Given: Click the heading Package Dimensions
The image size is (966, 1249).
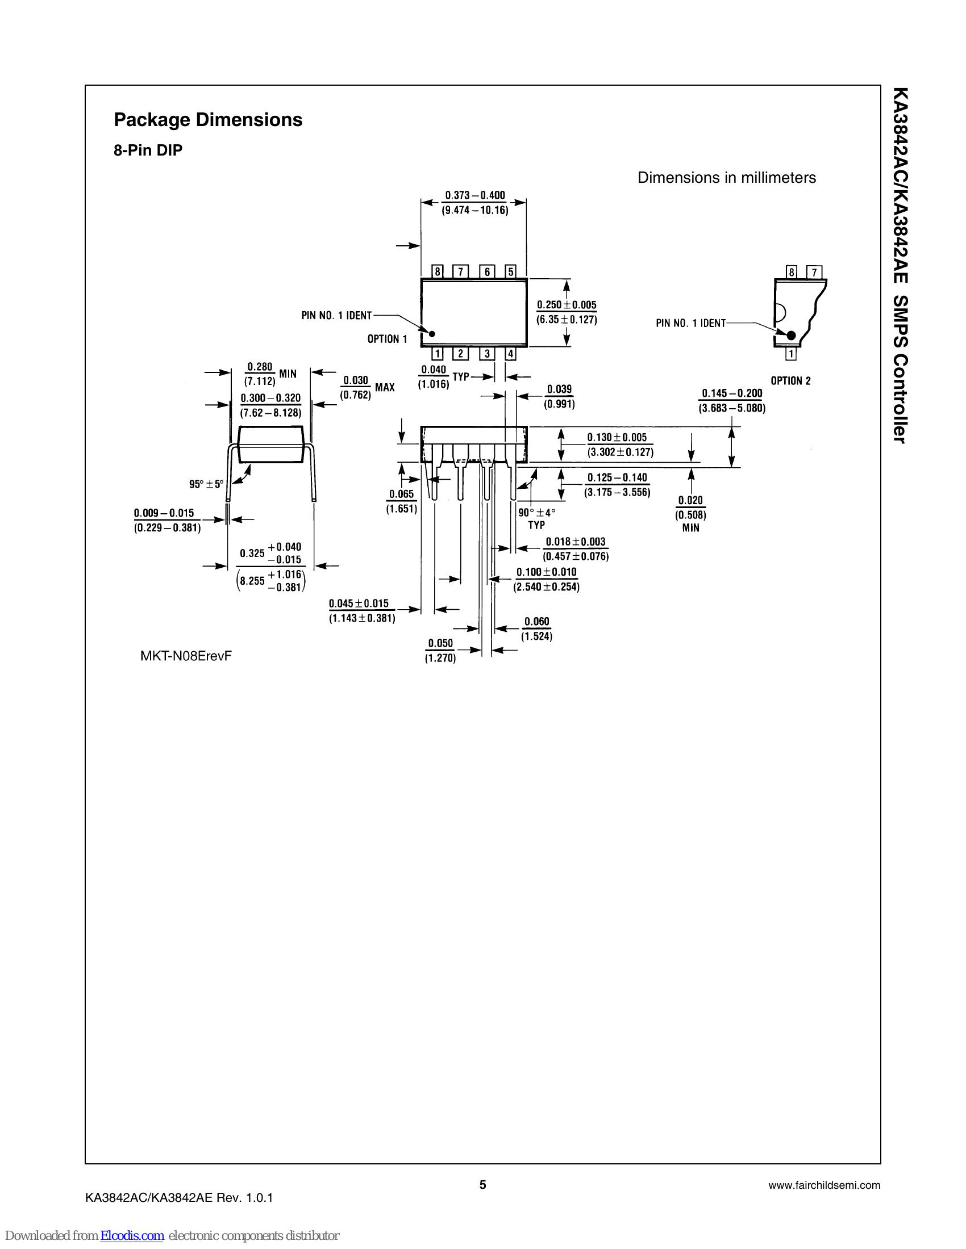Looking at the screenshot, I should (208, 120).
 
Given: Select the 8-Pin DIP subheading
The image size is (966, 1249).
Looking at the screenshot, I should (148, 151).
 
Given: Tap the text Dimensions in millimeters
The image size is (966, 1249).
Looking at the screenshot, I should (726, 178).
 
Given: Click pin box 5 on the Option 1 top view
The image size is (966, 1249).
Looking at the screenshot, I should (510, 271).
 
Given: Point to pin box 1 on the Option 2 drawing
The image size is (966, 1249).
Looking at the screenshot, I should (791, 355).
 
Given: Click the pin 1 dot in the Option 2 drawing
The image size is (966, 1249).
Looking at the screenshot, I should (792, 336).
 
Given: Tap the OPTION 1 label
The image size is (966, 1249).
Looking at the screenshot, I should (387, 339).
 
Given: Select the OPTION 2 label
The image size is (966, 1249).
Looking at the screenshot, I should (790, 381).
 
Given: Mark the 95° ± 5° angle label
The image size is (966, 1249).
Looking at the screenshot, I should (206, 484).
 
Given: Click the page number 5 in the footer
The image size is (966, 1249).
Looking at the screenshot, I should (482, 1184).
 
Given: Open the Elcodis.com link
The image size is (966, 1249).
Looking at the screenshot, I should (132, 1236).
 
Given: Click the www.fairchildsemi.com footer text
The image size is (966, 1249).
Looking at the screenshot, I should (824, 1185).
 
